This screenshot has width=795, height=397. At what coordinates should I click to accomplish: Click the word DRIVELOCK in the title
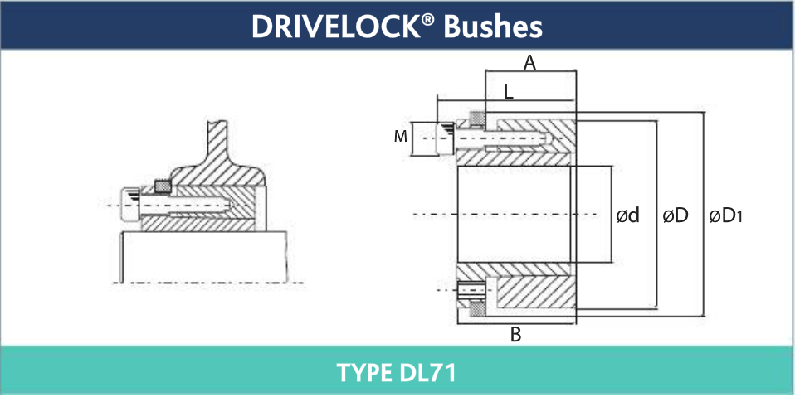pos(334,27)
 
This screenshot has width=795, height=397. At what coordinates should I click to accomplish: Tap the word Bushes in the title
pos(493,27)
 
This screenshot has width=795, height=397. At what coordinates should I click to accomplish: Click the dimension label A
pos(529,61)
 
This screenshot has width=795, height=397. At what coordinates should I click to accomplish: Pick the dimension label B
pos(515,336)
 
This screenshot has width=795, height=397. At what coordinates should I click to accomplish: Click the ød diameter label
pos(627,216)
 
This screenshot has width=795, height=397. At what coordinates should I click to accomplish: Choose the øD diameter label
pos(676,216)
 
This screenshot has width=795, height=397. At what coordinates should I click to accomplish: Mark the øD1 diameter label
pos(725,216)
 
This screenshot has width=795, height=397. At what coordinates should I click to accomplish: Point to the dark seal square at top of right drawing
pos(477,118)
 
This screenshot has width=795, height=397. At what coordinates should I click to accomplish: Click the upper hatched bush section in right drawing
pos(531,133)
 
